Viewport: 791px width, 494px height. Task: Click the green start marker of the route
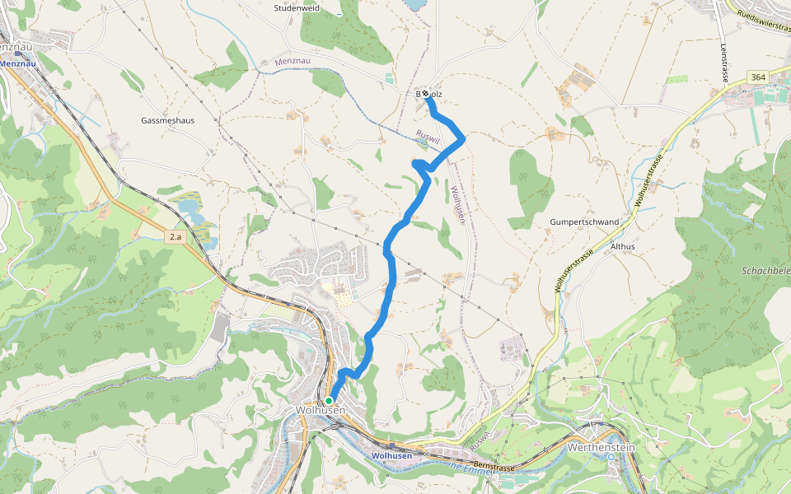(329, 401)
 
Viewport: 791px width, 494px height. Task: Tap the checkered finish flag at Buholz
(426, 95)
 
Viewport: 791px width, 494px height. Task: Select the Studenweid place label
(297, 8)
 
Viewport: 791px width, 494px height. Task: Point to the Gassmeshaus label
(167, 120)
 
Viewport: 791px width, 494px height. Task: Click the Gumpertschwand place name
(584, 222)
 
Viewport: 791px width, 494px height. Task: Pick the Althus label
(622, 246)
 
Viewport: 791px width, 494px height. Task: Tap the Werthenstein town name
(601, 448)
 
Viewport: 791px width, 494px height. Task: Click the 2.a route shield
(175, 237)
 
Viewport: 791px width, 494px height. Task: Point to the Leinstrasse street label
(723, 63)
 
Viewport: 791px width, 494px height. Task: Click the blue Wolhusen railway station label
(391, 455)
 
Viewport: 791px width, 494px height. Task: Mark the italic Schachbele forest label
(766, 270)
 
